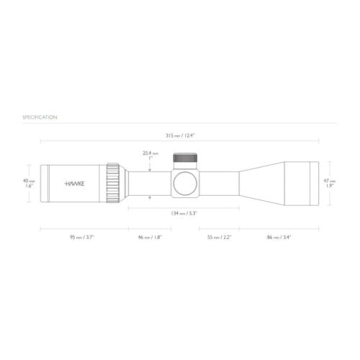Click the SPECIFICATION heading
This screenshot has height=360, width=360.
tap(40, 117)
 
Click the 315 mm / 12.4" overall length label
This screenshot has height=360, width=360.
tap(179, 135)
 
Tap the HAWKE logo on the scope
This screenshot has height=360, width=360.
tap(74, 184)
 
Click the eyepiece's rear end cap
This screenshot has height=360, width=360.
tap(42, 184)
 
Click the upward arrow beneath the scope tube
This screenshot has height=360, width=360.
tap(150, 197)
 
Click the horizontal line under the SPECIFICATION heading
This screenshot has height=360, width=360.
tap(180, 123)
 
